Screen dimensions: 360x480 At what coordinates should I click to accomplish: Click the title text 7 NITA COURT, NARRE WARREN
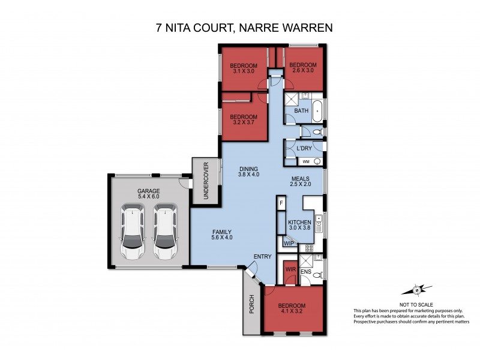point(240,28)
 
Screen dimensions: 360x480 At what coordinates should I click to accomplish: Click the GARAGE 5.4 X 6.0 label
point(148,193)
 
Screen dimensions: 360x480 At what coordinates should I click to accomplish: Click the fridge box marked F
point(281,204)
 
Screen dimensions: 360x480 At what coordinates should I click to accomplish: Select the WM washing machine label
point(305,161)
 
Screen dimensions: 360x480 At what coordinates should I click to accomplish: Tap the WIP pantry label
point(289,244)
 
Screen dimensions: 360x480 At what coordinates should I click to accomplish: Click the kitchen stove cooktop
point(310,247)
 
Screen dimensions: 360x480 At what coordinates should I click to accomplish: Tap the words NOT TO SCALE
point(416,304)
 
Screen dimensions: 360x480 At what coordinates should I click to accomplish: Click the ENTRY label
point(263,257)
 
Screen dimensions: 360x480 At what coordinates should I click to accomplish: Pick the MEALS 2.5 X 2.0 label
point(301,181)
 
